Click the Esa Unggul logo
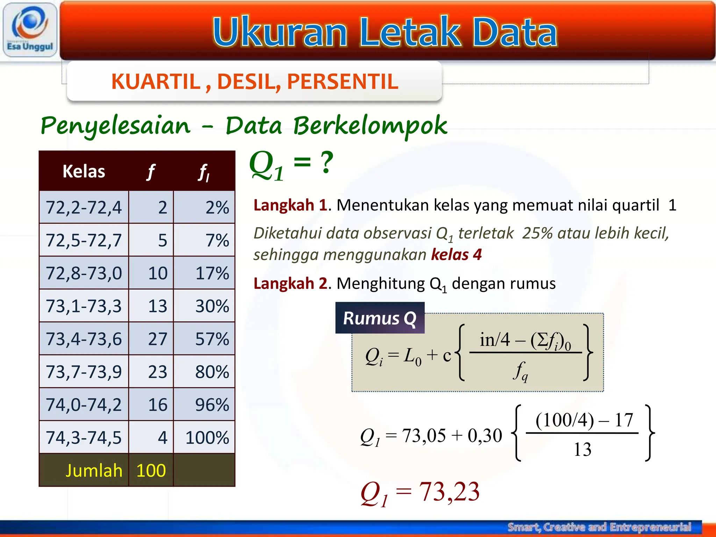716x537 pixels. coord(30,30)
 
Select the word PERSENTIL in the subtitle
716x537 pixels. coord(343,82)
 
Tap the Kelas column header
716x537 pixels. coord(84,171)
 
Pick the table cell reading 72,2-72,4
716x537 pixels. coord(84,207)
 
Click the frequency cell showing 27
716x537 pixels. coord(158,339)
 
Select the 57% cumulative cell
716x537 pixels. coord(212,339)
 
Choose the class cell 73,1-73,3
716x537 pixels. coord(84,306)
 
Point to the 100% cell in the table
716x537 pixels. coord(207,438)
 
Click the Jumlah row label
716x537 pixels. coord(94,471)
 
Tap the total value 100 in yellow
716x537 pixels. coord(151,471)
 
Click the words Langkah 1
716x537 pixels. coord(290,205)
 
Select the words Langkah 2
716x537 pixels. coord(290,284)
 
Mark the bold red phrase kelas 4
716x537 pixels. coord(456,255)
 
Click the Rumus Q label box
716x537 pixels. coord(380,318)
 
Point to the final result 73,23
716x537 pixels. coord(449,492)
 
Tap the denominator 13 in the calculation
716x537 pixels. coord(582,449)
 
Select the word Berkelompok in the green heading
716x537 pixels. coord(370,126)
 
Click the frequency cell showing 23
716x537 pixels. coord(158,372)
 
